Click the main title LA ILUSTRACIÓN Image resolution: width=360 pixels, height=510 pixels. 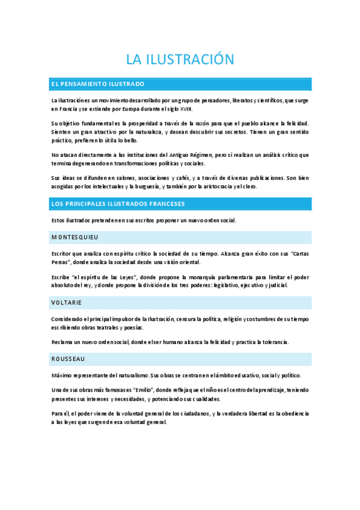179,59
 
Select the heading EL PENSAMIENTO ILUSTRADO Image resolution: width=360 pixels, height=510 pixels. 97,84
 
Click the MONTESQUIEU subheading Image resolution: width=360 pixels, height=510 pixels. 75,238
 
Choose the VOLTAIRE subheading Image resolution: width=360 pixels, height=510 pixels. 67,302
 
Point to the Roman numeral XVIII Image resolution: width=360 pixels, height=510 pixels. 188,109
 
